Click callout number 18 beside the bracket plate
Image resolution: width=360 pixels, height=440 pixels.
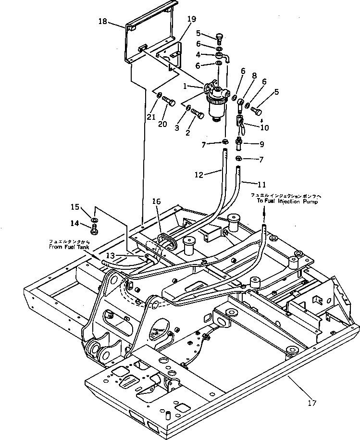click(103, 21)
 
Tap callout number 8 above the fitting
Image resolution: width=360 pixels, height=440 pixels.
click(254, 75)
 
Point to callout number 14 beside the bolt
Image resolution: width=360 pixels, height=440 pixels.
click(74, 223)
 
